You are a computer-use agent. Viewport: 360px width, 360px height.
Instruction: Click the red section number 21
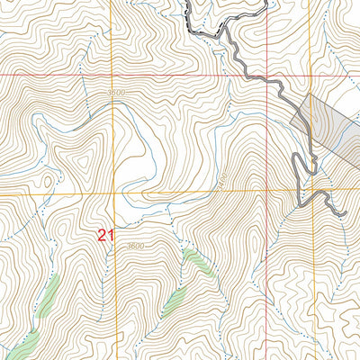click(106, 236)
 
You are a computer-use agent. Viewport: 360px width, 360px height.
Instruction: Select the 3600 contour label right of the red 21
click(135, 246)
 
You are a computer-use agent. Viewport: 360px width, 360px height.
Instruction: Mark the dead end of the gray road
click(344, 213)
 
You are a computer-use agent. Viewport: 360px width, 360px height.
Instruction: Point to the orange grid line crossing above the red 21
click(113, 193)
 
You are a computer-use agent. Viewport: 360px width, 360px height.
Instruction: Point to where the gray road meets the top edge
click(188, 2)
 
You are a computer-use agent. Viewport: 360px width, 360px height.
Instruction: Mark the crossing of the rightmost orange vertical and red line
click(310, 76)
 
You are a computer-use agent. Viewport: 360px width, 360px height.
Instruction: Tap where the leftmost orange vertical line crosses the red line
click(113, 76)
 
